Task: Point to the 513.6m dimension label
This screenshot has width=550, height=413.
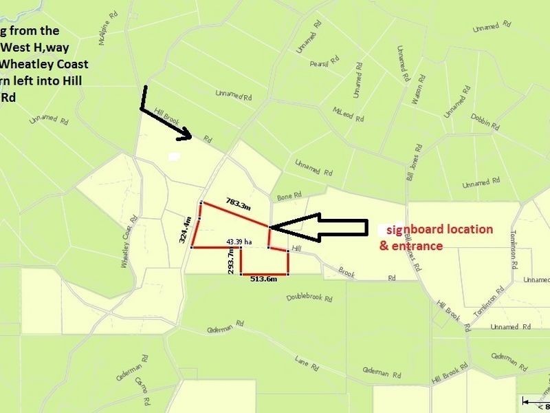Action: point(264,279)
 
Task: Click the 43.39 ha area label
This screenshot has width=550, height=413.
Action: point(239,242)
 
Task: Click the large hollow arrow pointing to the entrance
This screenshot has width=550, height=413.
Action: point(318,226)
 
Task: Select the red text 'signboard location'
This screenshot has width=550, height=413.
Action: point(439,229)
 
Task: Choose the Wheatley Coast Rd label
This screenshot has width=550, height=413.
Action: point(130,244)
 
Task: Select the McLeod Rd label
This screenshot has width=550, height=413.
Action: point(347,112)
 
